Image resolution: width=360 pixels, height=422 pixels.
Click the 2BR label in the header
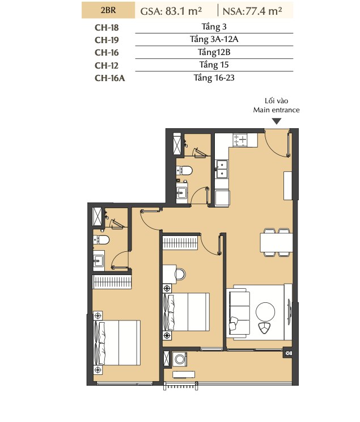coord(108,10)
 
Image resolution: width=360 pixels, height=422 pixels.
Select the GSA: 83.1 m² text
coord(171,11)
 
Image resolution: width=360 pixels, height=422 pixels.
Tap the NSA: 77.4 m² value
coord(252,11)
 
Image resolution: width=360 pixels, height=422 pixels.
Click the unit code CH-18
coord(107,27)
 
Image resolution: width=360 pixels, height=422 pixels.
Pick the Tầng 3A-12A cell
coord(214,39)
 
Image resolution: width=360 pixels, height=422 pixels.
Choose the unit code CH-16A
coord(110,78)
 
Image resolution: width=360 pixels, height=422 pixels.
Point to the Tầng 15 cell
coord(214,65)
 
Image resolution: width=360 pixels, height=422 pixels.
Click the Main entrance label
coord(276,110)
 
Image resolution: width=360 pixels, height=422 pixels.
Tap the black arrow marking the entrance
coord(277,121)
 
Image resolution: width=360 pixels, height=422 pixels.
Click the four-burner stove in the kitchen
coord(240,140)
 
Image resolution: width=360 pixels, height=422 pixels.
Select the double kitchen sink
coord(222,169)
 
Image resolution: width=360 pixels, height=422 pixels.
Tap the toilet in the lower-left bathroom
coord(101,239)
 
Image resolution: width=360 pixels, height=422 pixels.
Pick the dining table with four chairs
coord(276,243)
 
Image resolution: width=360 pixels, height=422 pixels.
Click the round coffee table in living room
coord(265,312)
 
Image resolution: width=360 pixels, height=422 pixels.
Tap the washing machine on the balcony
coord(180,359)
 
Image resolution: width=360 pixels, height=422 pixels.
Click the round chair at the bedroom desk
coord(180,274)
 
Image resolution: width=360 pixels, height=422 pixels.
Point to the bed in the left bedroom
coord(117,343)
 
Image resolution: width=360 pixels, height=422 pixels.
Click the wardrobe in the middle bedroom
coord(180,242)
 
